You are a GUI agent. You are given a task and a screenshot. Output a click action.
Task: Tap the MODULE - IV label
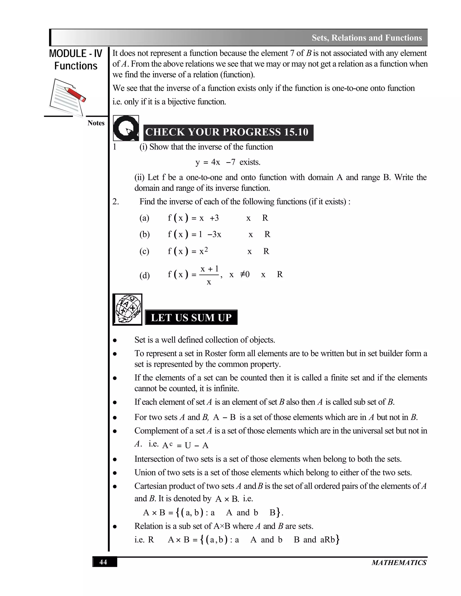[75, 54]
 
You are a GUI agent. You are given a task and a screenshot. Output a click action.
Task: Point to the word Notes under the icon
[96, 123]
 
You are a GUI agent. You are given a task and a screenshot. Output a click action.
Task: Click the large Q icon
[126, 128]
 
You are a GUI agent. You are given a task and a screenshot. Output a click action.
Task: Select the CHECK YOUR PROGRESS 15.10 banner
[228, 132]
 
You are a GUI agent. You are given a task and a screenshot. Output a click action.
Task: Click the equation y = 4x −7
[215, 162]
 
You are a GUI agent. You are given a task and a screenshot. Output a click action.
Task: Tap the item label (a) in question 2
[144, 218]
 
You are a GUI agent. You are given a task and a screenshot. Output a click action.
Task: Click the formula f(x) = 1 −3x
[194, 234]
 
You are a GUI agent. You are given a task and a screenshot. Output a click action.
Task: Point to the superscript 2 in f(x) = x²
[206, 249]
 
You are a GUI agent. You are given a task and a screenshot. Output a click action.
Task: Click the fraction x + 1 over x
[209, 275]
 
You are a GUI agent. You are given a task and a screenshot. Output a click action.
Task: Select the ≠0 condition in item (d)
[245, 274]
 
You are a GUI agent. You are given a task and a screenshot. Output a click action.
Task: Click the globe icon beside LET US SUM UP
[127, 309]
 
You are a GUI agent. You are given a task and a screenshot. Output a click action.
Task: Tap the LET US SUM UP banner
[191, 318]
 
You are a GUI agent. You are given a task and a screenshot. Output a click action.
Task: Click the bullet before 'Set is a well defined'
[115, 340]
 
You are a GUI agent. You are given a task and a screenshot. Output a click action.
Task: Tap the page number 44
[103, 562]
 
